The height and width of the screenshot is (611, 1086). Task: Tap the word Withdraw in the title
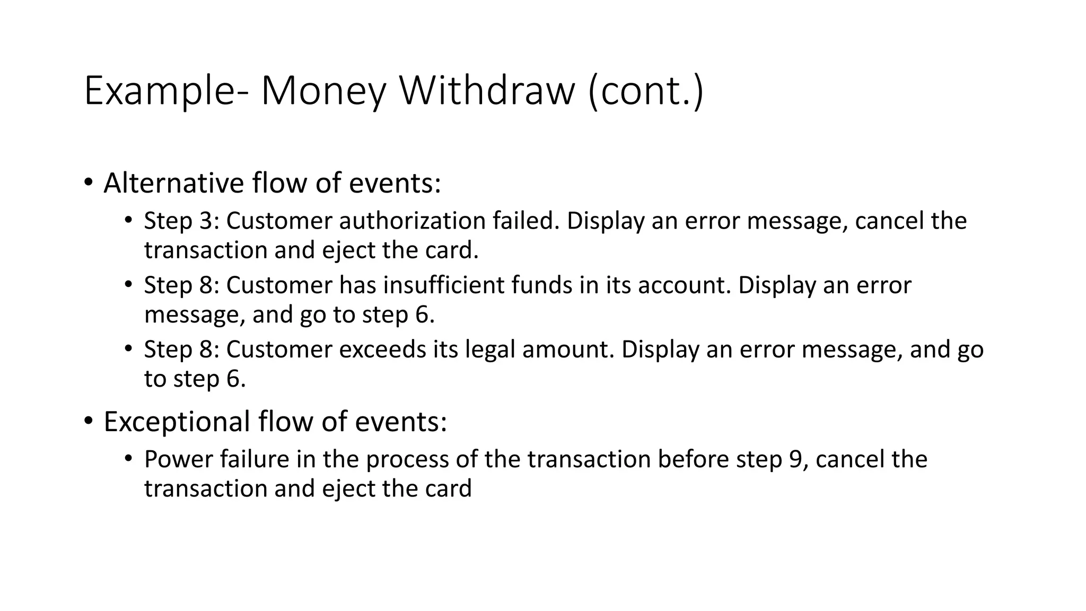click(x=487, y=91)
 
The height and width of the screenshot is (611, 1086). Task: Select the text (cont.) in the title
click(x=646, y=91)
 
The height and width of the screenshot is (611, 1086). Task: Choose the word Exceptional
click(x=177, y=422)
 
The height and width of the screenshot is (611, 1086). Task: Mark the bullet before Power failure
click(x=128, y=459)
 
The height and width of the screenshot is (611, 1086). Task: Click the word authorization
click(x=412, y=221)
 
